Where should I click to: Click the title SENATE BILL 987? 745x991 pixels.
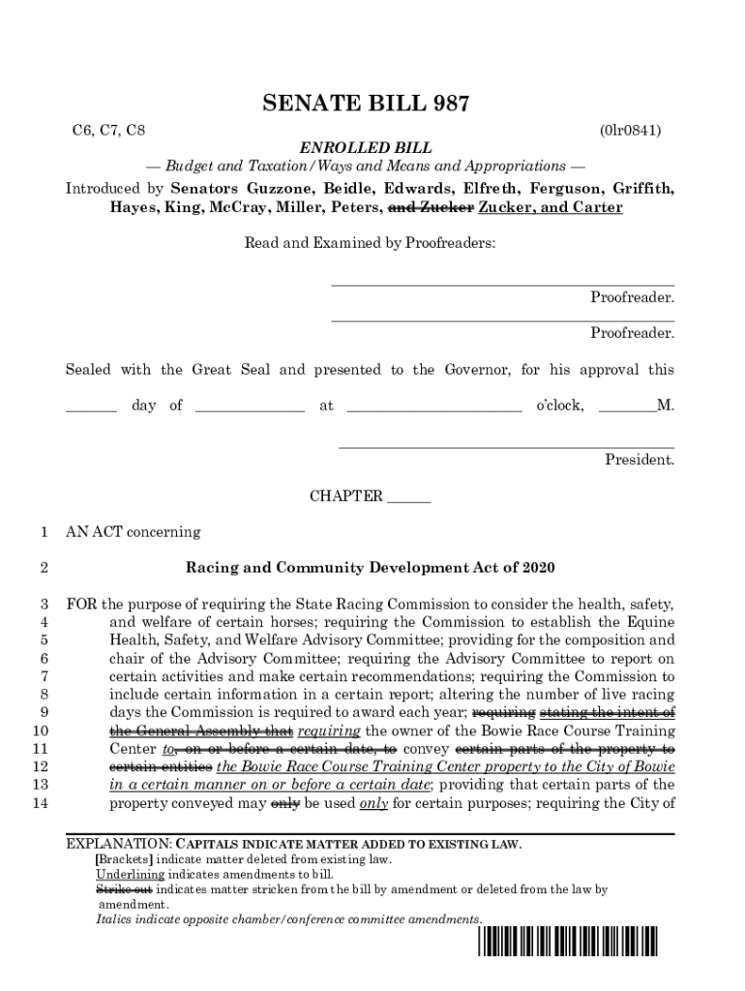pyautogui.click(x=372, y=105)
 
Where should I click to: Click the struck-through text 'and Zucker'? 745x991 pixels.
pyautogui.click(x=431, y=208)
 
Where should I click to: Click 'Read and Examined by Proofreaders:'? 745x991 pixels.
pyautogui.click(x=370, y=244)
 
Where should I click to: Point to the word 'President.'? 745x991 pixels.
pyautogui.click(x=640, y=460)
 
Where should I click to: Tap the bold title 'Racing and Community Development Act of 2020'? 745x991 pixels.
pyautogui.click(x=371, y=567)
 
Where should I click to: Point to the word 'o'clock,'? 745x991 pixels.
pyautogui.click(x=560, y=405)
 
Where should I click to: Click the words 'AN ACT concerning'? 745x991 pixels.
pyautogui.click(x=134, y=531)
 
